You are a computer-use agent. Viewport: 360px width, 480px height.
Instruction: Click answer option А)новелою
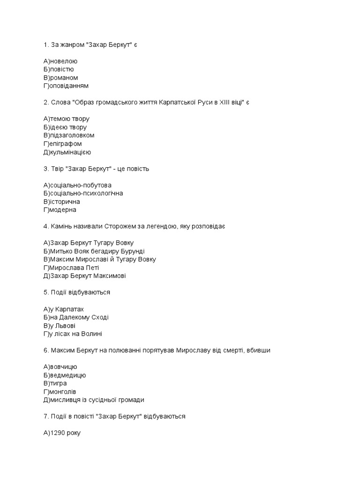pos(60,61)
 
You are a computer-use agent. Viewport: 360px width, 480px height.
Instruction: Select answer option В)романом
pos(60,78)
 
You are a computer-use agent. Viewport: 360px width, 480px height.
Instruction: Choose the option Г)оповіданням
pos(66,86)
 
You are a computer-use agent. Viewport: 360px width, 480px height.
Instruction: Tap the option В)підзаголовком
pos(69,135)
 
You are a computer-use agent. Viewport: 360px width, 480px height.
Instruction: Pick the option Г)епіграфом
pos(62,144)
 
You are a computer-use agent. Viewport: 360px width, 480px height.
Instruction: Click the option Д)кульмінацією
pos(67,152)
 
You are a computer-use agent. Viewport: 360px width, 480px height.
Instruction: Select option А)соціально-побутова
pos(77,185)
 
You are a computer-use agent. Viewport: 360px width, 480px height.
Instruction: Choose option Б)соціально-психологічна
pos(83,193)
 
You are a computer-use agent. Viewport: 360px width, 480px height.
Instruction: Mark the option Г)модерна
pos(60,210)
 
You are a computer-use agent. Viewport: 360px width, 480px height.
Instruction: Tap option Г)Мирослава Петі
pos(71,268)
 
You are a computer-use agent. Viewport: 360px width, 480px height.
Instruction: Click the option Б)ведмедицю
pos(65,375)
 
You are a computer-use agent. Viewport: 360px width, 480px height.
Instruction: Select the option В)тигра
pos(55,383)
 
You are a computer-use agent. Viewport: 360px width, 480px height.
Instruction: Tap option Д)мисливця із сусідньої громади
pos(94,400)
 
